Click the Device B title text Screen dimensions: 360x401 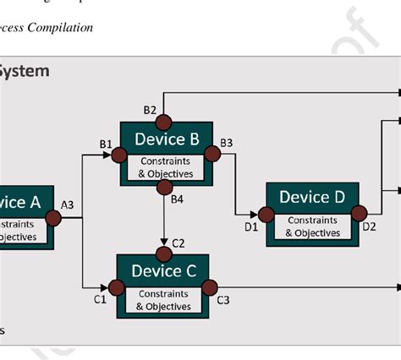(x=166, y=139)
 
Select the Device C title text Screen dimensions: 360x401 (x=164, y=270)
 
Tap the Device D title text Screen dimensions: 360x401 (x=312, y=197)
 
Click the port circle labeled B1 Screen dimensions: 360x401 (x=119, y=155)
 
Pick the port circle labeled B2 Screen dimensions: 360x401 (x=162, y=121)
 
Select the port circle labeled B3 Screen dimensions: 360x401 (x=212, y=155)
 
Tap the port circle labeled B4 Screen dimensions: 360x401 (x=163, y=188)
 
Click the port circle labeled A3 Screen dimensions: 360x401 (x=54, y=218)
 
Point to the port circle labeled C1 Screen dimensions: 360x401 (x=116, y=287)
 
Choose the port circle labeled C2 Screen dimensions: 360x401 (x=163, y=254)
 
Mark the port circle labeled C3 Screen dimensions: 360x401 (x=209, y=287)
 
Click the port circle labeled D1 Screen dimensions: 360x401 (x=266, y=215)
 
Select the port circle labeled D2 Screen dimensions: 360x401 (x=359, y=213)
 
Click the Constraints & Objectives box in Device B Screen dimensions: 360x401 (x=166, y=167)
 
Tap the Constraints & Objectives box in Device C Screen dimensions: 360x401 (x=164, y=300)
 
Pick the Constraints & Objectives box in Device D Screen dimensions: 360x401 (x=312, y=226)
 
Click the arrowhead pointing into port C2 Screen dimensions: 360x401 (x=163, y=242)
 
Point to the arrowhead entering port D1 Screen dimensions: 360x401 (x=253, y=215)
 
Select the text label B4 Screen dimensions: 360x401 (x=177, y=199)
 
